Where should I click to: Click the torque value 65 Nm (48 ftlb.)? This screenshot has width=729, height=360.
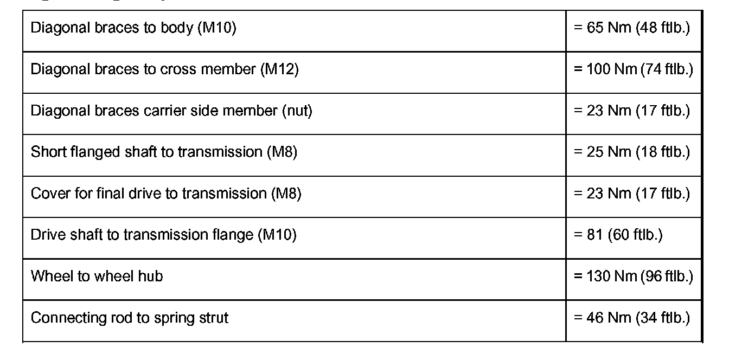click(x=632, y=28)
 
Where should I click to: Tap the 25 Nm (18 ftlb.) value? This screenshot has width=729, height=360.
click(x=632, y=152)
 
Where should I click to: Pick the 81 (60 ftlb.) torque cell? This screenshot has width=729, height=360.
click(x=618, y=235)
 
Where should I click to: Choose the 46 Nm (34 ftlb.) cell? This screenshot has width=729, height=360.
click(x=632, y=318)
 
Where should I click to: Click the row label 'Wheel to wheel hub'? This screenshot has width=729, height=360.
click(x=97, y=276)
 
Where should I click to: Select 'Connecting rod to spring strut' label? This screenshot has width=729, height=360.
click(x=129, y=318)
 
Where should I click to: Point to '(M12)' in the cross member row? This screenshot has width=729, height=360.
click(x=279, y=69)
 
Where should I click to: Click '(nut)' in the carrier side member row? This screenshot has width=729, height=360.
click(x=296, y=111)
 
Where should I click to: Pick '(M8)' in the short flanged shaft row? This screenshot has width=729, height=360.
click(x=282, y=152)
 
